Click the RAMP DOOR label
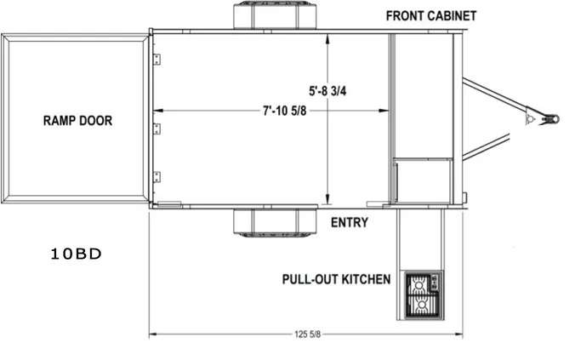pos(77,121)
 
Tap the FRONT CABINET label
pos(431,16)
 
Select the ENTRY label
pos(350,223)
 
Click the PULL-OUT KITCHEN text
pos(336,279)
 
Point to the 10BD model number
pos(76,254)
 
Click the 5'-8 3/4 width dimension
pos(327,91)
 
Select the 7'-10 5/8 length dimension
pos(285,111)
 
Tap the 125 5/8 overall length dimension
pos(307,334)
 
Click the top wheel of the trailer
pos(275,15)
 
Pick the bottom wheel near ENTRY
pos(275,222)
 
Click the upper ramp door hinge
pos(157,59)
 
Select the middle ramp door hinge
pos(157,129)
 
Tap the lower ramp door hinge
pos(157,177)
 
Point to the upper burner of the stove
pos(419,284)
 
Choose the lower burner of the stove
pos(422,305)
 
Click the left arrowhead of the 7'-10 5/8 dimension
pos(158,111)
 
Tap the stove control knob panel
pos(435,283)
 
